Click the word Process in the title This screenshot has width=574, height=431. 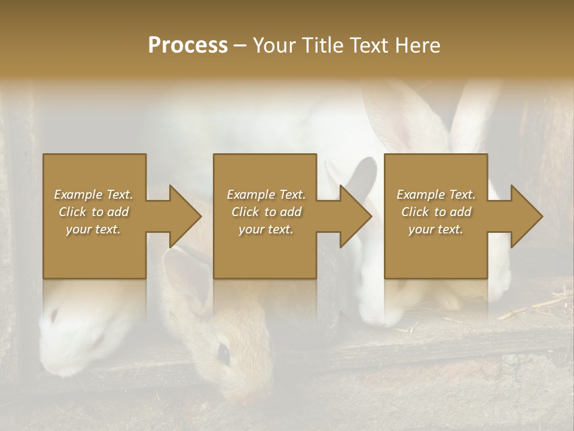click(188, 45)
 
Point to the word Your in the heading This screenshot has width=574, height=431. click(274, 45)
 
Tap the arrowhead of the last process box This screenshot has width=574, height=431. click(526, 216)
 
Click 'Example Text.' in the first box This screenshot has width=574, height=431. click(93, 195)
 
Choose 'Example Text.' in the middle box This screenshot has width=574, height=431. click(265, 195)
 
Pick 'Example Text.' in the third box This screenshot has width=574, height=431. click(436, 195)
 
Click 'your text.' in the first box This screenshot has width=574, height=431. click(93, 229)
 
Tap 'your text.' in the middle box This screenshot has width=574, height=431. click(265, 229)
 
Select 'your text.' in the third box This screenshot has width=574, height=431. click(436, 229)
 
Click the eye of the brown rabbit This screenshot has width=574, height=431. click(224, 353)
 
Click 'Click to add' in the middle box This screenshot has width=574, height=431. click(265, 212)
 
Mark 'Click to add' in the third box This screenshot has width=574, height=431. click(436, 212)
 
